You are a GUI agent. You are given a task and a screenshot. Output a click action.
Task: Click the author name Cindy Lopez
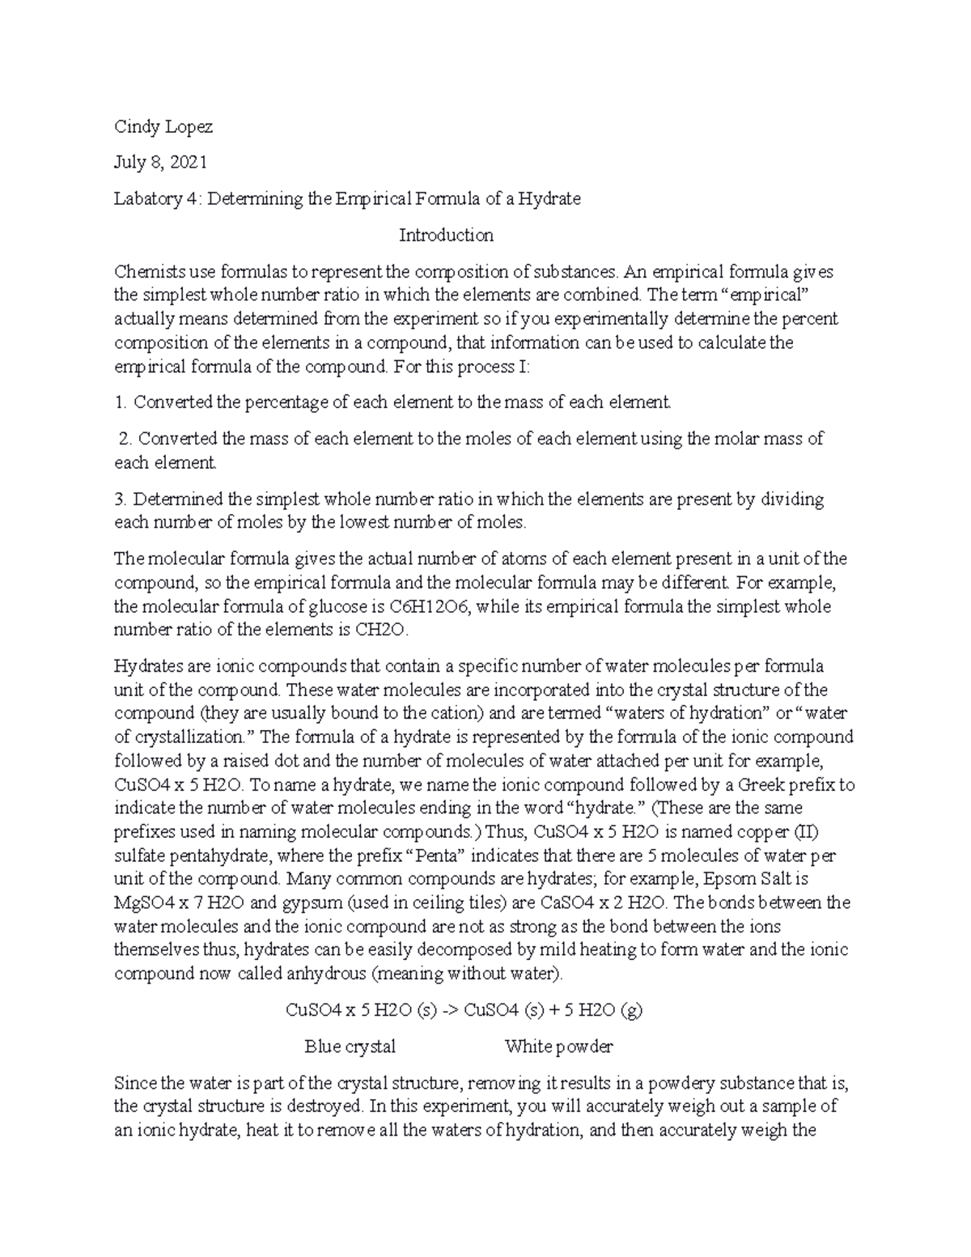163,126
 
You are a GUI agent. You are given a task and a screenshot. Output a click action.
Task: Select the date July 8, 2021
160,163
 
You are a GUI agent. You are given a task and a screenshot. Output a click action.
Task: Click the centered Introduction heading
446,236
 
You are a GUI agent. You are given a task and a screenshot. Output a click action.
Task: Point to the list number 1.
120,401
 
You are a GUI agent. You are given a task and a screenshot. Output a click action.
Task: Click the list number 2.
124,439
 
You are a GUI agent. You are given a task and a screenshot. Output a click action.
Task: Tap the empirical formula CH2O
387,630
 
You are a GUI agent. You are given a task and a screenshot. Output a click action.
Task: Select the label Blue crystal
350,1047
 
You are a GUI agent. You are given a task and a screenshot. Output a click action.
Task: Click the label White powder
558,1047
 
